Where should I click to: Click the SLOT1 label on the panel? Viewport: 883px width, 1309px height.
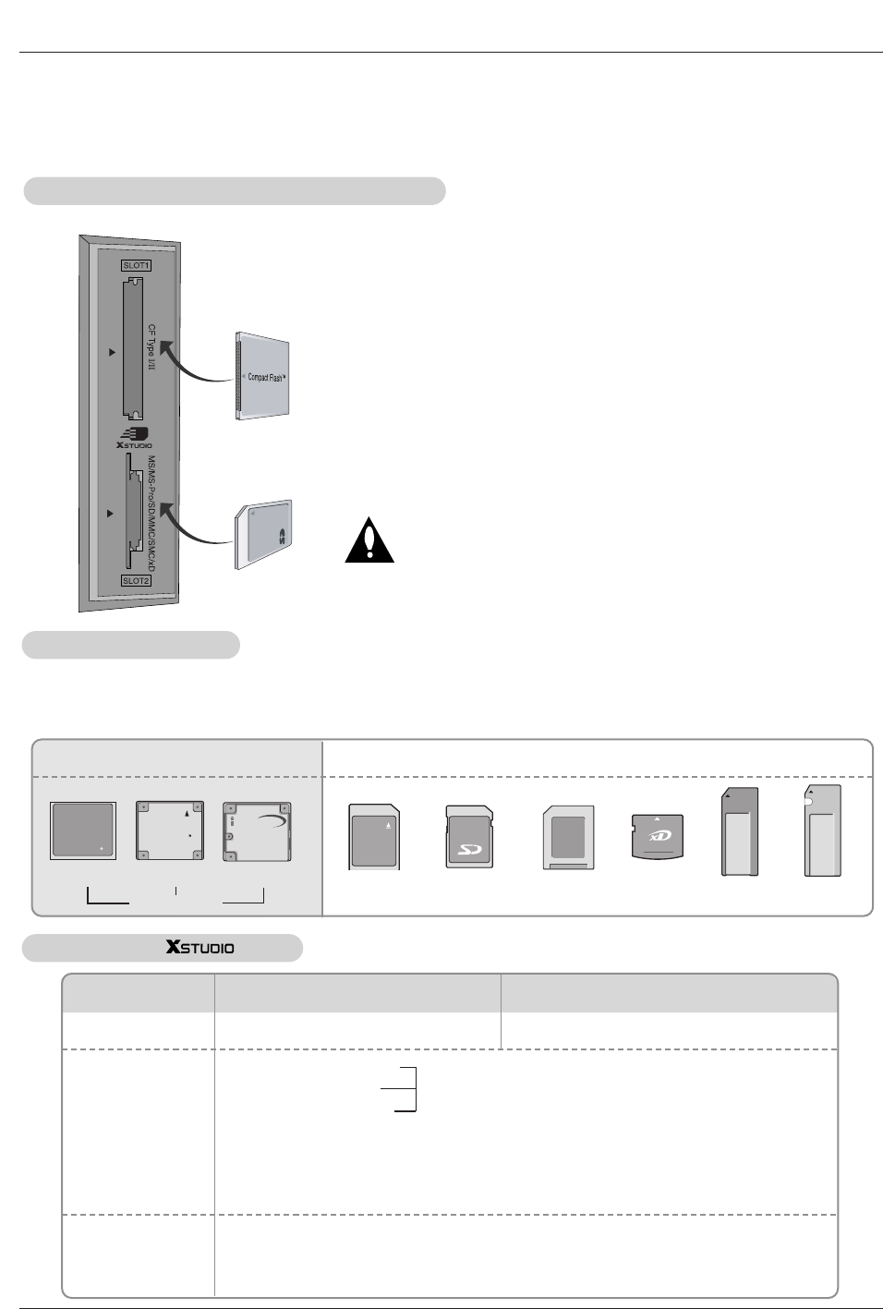136,265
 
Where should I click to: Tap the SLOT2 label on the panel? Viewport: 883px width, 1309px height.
136,581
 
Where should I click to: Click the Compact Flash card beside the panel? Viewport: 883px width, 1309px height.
263,377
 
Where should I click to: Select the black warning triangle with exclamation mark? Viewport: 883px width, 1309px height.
369,541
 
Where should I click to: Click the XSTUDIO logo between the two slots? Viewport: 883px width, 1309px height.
135,437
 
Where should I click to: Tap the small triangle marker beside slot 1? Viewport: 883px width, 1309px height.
113,352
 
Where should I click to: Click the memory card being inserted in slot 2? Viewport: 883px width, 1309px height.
264,534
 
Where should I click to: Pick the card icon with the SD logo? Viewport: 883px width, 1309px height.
469,836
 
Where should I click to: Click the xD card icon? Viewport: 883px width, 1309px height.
657,836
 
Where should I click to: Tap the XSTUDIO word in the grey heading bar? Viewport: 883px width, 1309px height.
200,948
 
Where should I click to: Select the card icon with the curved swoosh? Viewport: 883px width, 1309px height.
257,831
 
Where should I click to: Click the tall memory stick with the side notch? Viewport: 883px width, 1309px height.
822,831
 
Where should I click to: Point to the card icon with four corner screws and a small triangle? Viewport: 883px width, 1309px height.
170,831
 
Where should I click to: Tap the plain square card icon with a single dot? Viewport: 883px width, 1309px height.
83,831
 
